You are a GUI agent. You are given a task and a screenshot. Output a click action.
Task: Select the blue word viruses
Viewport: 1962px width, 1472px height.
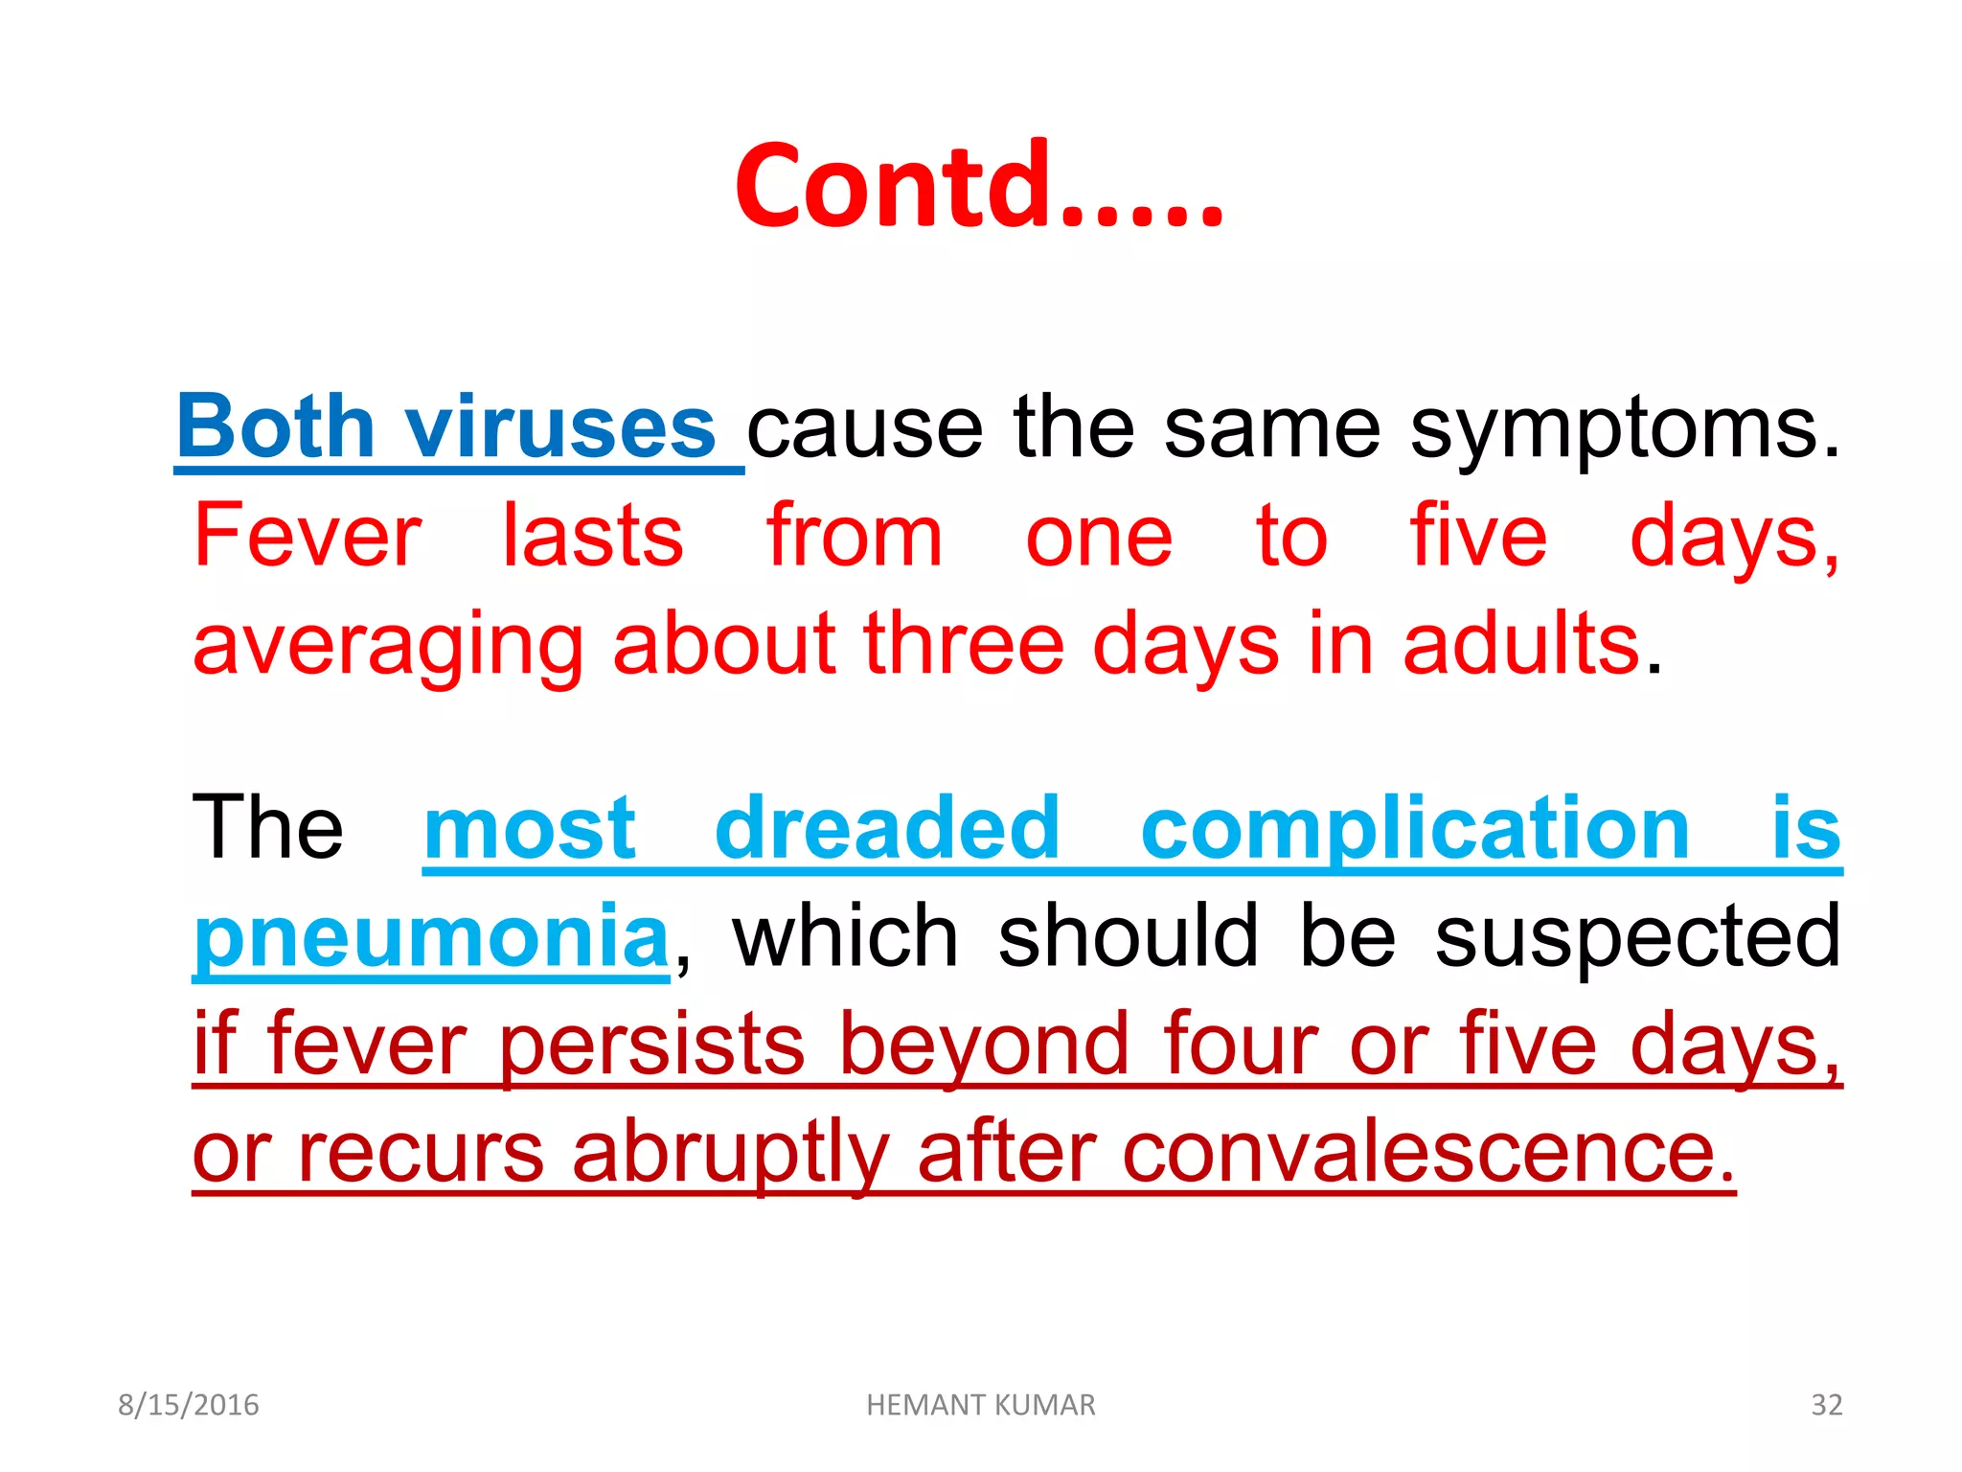coord(560,427)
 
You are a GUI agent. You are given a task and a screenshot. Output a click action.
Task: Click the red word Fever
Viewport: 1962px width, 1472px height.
coord(307,537)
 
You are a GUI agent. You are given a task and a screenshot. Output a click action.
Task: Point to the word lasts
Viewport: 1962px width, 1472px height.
coord(593,537)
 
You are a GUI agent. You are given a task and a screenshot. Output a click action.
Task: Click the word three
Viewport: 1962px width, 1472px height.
coord(964,644)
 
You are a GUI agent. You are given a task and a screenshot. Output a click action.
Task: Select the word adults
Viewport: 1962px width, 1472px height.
coord(1522,644)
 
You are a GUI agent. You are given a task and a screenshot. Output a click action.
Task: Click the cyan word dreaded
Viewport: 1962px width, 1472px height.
coord(887,829)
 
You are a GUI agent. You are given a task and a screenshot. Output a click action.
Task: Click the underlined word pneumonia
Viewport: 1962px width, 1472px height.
coord(431,937)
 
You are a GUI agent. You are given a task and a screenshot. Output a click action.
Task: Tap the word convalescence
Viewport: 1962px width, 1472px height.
coord(1427,1153)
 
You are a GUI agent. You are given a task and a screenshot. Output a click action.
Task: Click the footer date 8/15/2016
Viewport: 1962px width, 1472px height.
coord(189,1405)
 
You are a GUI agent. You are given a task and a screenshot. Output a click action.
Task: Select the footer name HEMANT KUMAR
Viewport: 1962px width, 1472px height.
coord(980,1405)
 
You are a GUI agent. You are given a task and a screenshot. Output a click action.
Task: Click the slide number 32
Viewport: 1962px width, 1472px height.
coord(1826,1405)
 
